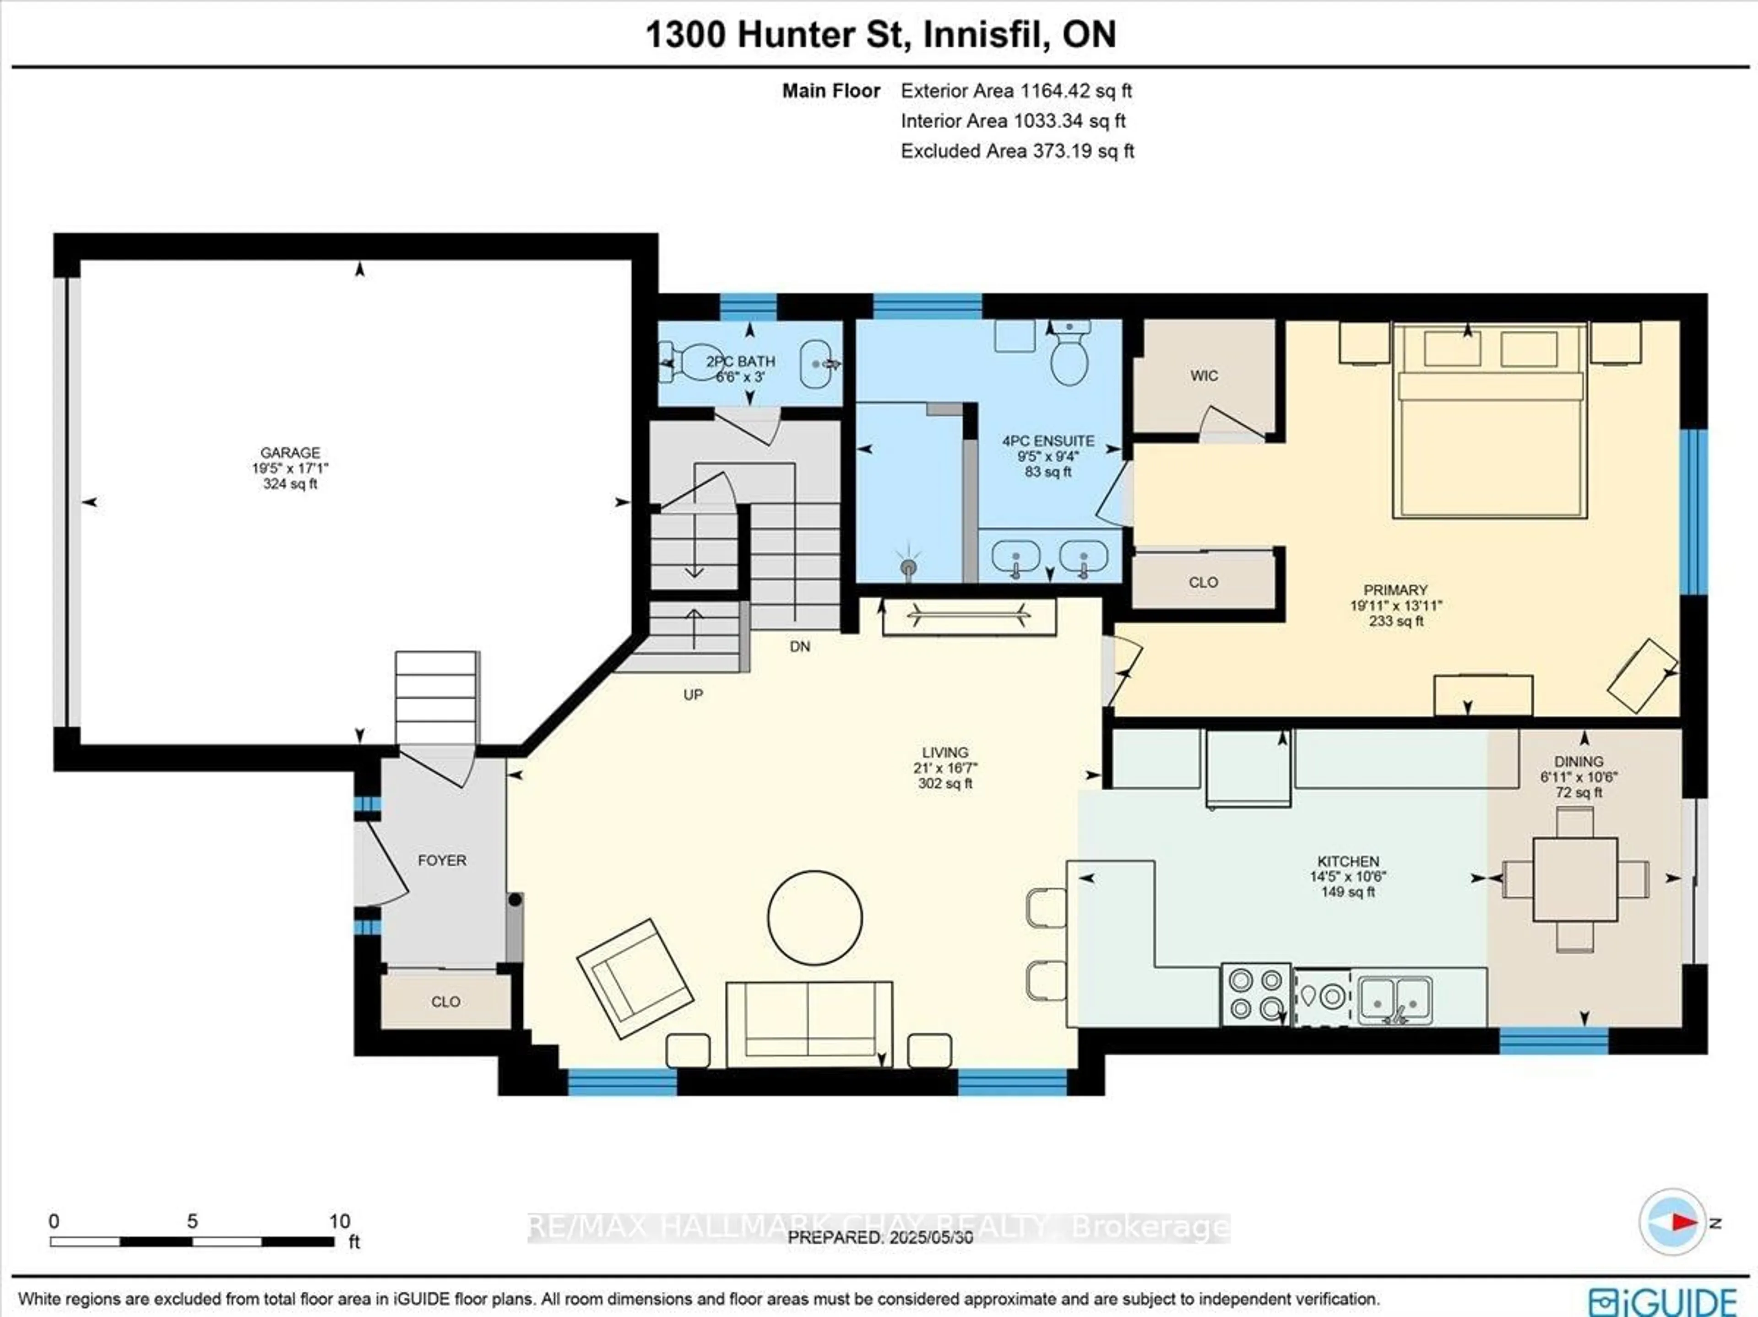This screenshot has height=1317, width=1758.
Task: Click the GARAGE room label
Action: coord(290,452)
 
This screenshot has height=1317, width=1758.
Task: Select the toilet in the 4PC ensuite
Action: coord(1069,358)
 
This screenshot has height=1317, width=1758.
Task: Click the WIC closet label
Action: coord(1203,376)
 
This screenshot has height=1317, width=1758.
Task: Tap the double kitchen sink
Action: coord(1395,999)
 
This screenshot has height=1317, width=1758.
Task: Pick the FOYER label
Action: coord(442,860)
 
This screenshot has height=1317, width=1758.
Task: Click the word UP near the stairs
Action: coord(693,695)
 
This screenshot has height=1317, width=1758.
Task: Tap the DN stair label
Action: coord(799,646)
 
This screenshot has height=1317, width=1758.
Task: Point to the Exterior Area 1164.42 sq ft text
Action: coord(1016,91)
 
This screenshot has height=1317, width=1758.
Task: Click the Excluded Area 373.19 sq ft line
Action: coord(1017,151)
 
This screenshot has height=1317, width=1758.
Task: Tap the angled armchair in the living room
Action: coord(634,978)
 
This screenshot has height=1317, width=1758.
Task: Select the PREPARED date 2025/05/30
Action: coord(880,1237)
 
